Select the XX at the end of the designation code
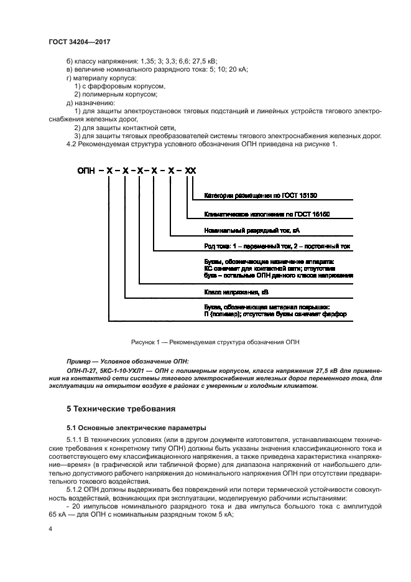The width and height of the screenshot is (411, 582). [190, 169]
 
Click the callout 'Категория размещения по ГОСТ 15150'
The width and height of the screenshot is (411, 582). [261, 195]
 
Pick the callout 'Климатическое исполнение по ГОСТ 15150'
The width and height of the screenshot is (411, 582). [266, 214]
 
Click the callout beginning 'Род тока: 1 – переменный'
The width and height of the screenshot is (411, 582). [277, 246]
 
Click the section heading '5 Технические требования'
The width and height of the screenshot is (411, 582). [121, 409]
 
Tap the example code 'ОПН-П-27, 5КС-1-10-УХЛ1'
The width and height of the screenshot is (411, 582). [103, 370]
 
